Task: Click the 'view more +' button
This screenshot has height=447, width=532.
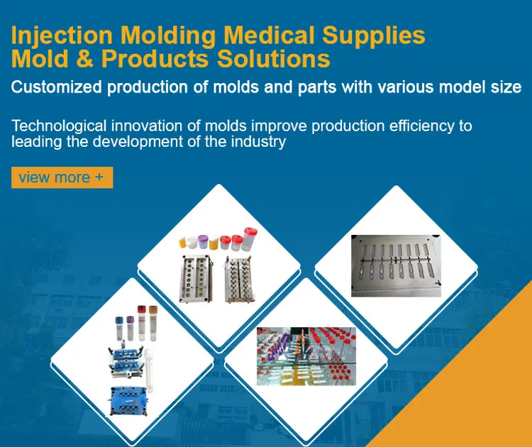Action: [x=62, y=177]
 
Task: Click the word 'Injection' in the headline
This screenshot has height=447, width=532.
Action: [x=61, y=35]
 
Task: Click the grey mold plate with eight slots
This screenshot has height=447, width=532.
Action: [x=396, y=265]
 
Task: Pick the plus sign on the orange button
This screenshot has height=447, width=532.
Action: [x=99, y=177]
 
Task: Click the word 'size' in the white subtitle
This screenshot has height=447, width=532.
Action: [x=506, y=88]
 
